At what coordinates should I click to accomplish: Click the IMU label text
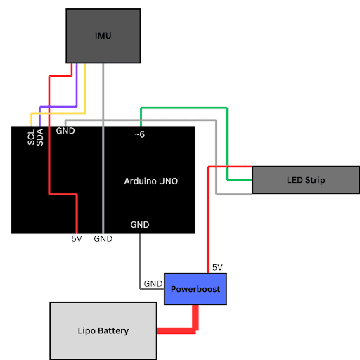[x=103, y=36]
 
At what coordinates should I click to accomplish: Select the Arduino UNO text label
[x=151, y=181]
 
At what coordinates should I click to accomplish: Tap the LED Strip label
[x=306, y=180]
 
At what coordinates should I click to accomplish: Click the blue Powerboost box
[x=195, y=289]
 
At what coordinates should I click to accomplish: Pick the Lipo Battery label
[x=103, y=330]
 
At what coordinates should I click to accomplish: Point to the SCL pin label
[x=31, y=137]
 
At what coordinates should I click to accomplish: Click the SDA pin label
[x=40, y=137]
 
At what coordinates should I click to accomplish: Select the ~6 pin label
[x=140, y=134]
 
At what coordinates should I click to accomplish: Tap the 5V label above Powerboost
[x=217, y=267]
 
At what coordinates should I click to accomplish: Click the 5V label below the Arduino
[x=77, y=239]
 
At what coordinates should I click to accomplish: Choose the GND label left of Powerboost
[x=153, y=284]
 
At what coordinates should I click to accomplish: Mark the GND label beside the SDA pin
[x=65, y=131]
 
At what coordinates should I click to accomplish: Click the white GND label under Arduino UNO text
[x=140, y=225]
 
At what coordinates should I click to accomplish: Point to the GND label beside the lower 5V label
[x=103, y=239]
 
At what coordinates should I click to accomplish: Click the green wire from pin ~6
[x=227, y=131]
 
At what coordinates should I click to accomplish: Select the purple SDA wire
[x=58, y=107]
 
